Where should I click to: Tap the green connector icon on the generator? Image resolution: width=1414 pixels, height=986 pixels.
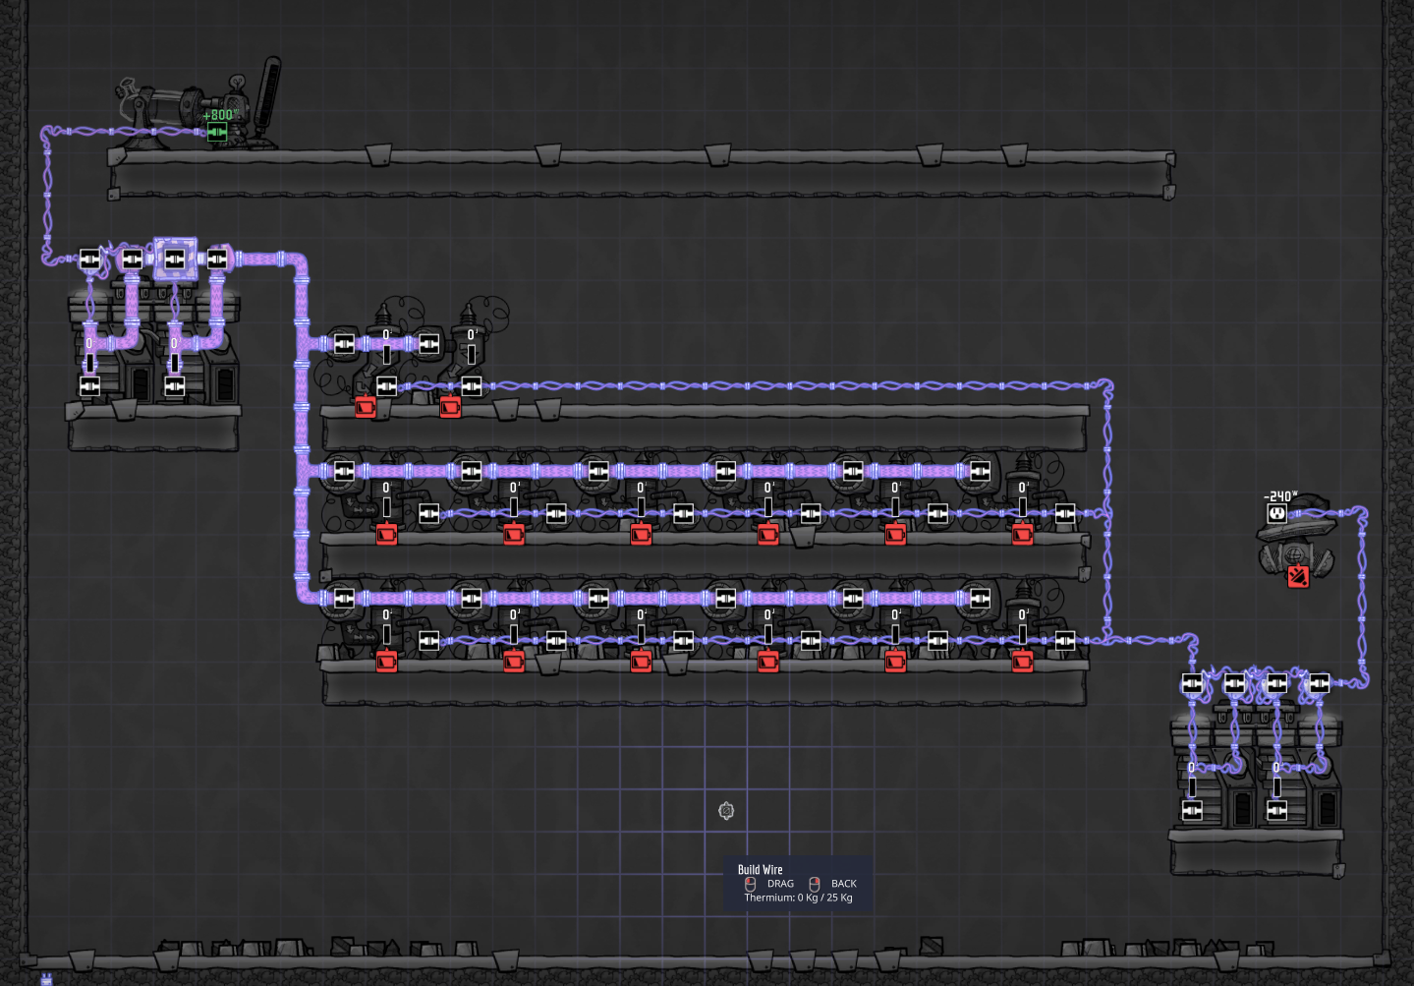coord(217,131)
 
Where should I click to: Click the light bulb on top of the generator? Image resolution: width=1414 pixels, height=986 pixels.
coord(236,83)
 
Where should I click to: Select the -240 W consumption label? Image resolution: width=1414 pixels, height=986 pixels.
coord(1280,496)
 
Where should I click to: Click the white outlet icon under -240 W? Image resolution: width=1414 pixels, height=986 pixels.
coord(1277,513)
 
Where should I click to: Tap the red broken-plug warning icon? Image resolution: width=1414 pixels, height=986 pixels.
coord(1297,576)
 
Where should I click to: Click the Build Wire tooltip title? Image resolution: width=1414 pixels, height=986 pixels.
coord(761,870)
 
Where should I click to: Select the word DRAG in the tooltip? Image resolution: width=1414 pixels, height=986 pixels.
coord(780,884)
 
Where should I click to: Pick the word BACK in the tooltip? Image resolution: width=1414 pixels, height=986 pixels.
coord(844,884)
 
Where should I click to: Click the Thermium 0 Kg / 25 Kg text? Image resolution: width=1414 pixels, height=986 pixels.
coord(798,898)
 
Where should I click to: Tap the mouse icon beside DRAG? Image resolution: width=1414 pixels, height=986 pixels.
coord(751,884)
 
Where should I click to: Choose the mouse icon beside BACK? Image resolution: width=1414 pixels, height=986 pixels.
coord(815,884)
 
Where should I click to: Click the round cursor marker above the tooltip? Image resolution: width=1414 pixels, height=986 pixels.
coord(726,810)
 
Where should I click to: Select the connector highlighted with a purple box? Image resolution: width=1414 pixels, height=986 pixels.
coord(175,259)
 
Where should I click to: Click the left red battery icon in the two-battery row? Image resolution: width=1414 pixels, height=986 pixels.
coord(366,406)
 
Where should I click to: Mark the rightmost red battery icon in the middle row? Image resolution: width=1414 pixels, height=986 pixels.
coord(1023,534)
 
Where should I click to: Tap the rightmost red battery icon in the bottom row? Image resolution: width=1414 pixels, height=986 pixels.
coord(1023,662)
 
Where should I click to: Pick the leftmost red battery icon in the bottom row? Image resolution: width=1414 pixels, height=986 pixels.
coord(386,662)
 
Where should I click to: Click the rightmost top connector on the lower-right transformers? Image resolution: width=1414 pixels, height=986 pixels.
coord(1319,683)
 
